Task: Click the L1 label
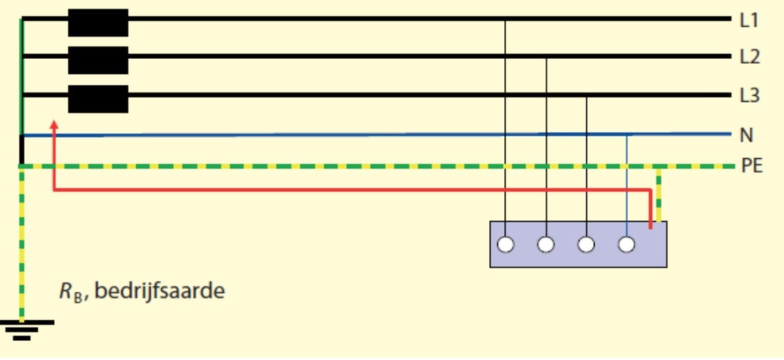(x=749, y=21)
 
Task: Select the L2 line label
(x=750, y=57)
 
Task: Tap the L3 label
(x=750, y=96)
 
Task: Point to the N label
(x=746, y=135)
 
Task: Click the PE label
(x=752, y=166)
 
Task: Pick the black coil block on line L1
(x=98, y=22)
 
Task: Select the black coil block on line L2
(x=98, y=60)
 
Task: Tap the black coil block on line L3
(x=98, y=99)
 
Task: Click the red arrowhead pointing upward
(x=53, y=125)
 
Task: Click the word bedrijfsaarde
(x=159, y=292)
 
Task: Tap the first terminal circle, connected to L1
(x=505, y=244)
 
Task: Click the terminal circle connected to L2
(x=545, y=244)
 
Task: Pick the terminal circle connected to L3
(x=586, y=244)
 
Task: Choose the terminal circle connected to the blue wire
(x=627, y=244)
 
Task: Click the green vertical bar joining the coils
(x=22, y=75)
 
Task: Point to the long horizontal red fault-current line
(x=342, y=190)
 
